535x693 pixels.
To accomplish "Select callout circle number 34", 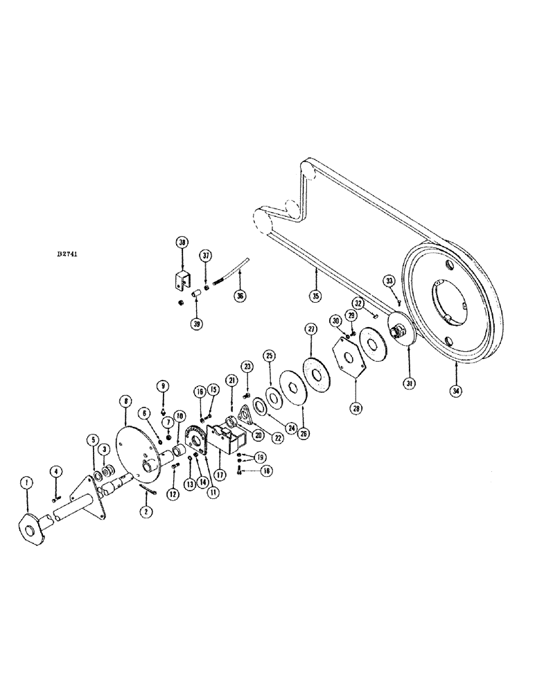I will tap(455, 391).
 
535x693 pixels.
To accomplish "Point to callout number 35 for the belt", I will tap(316, 296).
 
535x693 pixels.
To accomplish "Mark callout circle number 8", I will tap(125, 401).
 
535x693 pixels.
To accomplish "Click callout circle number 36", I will tap(241, 296).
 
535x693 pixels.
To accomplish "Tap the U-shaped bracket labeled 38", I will tap(183, 283).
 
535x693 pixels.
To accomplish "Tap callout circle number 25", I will tap(269, 356).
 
